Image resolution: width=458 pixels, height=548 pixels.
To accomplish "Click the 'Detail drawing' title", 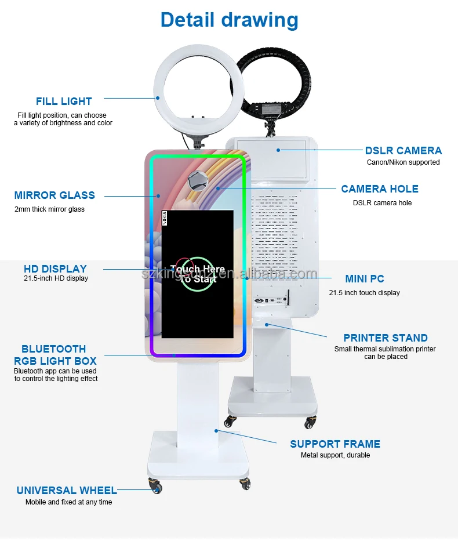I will point(229,20).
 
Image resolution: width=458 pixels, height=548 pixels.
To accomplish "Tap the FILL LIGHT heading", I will point(64,101).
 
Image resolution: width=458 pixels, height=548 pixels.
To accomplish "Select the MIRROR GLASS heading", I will point(54,195).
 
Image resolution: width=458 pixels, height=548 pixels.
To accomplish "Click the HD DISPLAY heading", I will point(55,268).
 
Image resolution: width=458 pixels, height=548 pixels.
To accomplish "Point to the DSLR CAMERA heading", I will point(403,151).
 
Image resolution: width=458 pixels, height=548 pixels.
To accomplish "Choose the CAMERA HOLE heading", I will point(379,188).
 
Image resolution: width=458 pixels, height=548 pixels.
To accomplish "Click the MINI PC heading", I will point(364,279).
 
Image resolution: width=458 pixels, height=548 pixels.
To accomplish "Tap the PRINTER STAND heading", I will point(385,337).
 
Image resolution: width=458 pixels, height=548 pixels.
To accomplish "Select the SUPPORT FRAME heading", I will point(335,444).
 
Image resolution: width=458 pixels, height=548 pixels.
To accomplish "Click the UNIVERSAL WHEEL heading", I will point(66,491).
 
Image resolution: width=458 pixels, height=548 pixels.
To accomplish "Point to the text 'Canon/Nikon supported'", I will point(403,162).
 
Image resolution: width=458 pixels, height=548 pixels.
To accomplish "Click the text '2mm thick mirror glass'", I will point(49,209).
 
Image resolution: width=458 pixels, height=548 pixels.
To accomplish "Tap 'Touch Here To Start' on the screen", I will point(198,274).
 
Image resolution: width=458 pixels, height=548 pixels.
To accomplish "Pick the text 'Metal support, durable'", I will point(335,455).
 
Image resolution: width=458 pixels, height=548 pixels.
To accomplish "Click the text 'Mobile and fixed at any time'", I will point(68,502).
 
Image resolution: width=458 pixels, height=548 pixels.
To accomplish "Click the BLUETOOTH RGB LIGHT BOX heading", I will point(54,355).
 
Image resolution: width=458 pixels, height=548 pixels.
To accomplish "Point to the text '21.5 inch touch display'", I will point(364,293).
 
